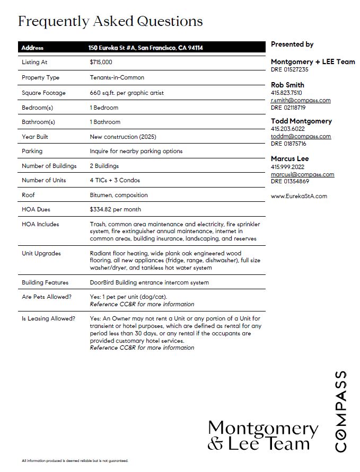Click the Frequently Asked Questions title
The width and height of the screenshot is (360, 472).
point(110,21)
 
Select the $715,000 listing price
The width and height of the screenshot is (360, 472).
point(101,62)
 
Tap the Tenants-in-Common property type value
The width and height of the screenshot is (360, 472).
point(117,77)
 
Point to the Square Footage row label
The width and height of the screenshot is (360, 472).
point(43,93)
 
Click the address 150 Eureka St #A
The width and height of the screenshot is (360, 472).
point(146,48)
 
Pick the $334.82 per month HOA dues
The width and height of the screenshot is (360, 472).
point(116,209)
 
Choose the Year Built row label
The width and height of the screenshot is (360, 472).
point(35,137)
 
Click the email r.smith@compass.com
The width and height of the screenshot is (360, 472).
point(301,100)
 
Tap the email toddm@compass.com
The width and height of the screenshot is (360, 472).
point(301,136)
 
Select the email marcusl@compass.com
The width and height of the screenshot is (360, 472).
point(302,174)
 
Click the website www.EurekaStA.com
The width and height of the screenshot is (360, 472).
point(299,196)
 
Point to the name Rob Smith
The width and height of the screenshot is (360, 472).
point(287,85)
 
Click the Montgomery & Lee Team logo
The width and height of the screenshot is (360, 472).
point(262,435)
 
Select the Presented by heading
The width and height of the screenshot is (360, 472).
point(292,44)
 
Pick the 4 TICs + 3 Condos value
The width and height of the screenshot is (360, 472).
point(115,180)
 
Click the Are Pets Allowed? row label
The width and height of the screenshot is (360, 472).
point(47,297)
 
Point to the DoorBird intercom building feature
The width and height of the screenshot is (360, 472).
point(150,282)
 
